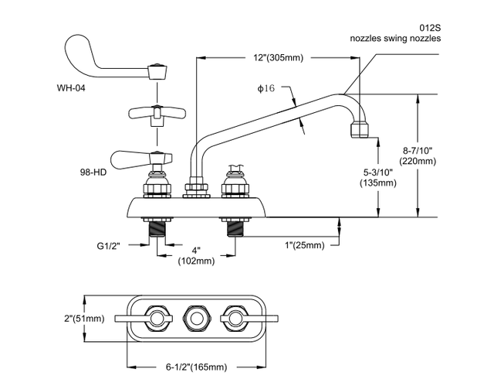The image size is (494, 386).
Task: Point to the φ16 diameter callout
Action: pos(266,89)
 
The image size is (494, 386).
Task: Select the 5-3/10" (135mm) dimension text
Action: pos(377,177)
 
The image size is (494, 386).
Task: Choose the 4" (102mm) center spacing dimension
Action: pos(197,256)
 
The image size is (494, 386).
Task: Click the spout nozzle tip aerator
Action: pos(363,128)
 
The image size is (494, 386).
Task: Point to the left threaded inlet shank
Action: pos(157,228)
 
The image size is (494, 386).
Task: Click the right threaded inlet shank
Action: pos(235,228)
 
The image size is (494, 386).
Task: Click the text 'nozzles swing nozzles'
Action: pos(394,37)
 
